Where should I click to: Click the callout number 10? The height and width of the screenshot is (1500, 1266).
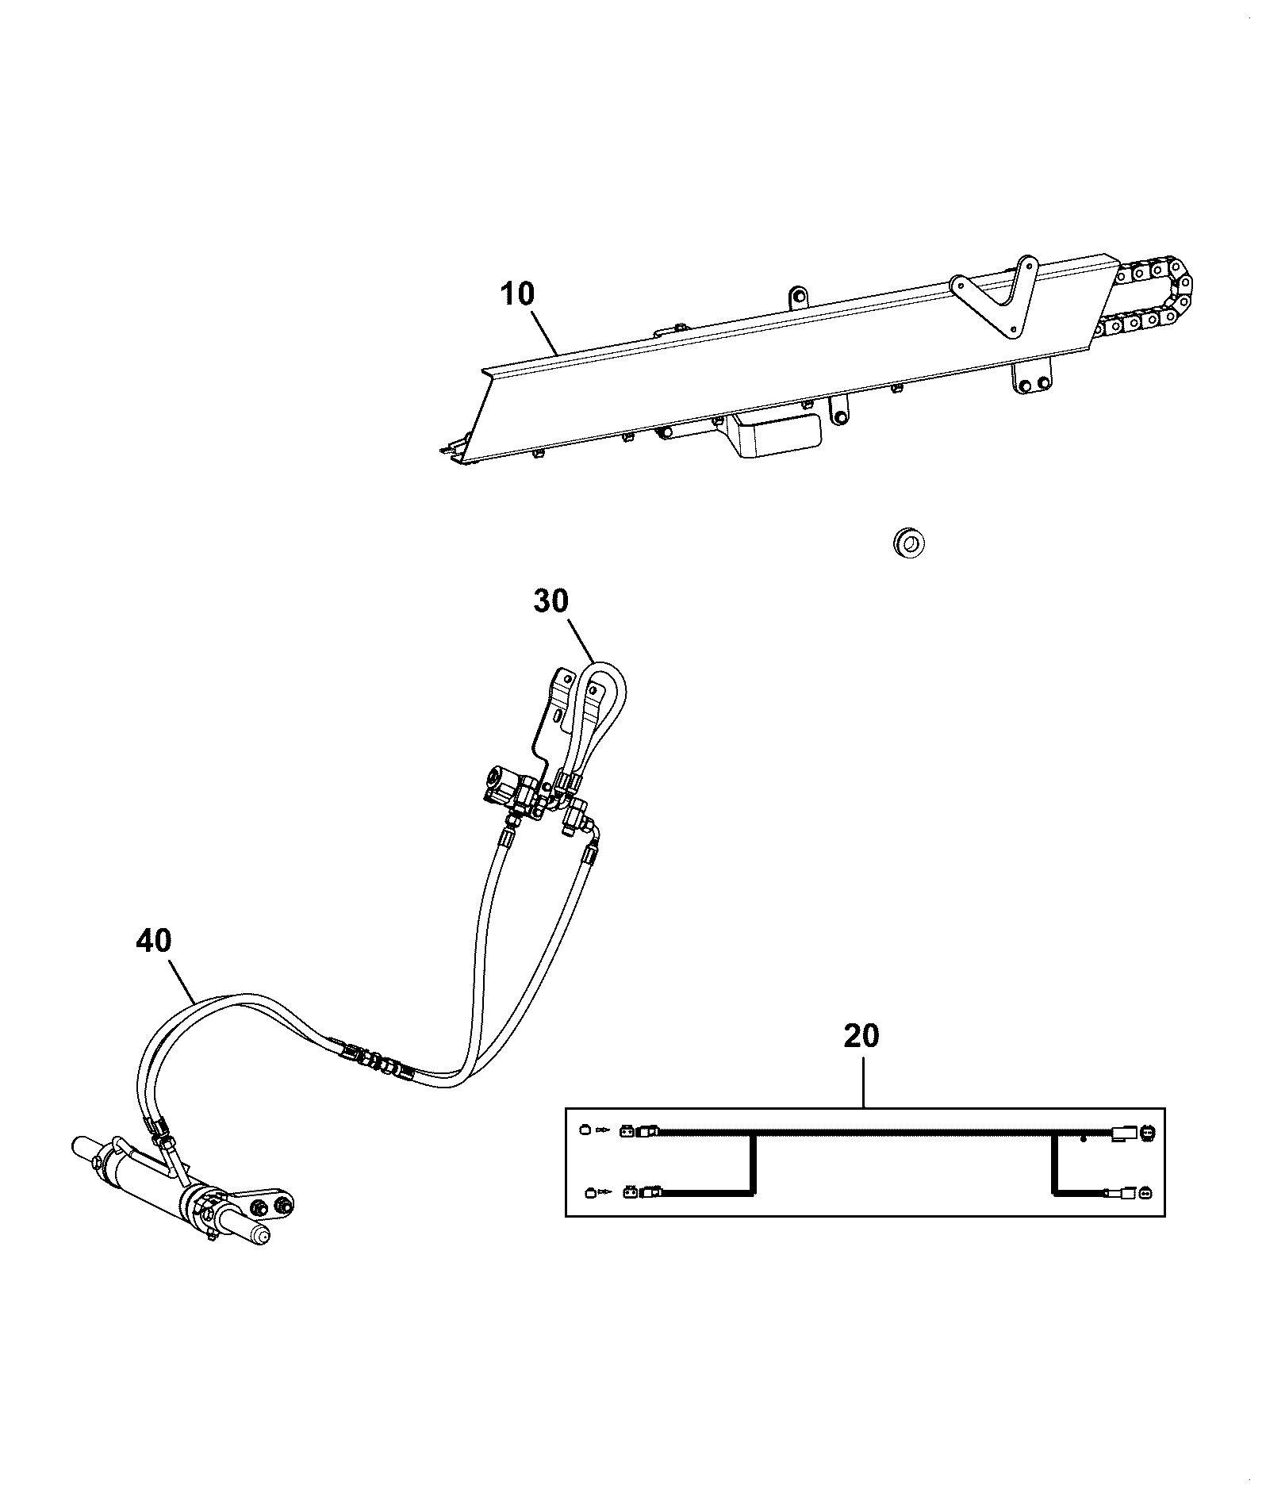tap(518, 294)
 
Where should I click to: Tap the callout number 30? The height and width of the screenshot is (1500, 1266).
tap(551, 600)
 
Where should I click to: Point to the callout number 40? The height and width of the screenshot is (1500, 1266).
tap(153, 941)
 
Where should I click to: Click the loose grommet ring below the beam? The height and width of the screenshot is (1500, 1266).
tap(909, 543)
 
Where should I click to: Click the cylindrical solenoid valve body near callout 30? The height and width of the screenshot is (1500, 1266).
tap(507, 785)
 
